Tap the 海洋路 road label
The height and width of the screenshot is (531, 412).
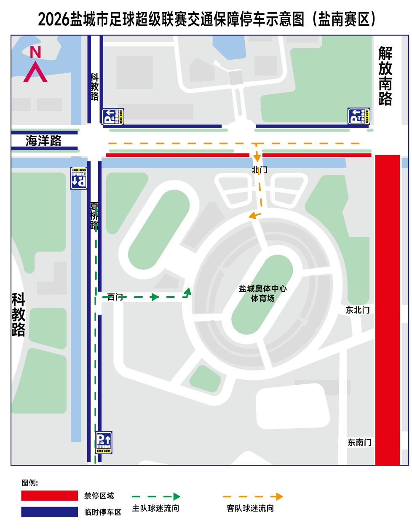click(x=43, y=141)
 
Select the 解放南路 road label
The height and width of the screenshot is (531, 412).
click(x=385, y=76)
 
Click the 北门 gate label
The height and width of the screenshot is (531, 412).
click(x=260, y=170)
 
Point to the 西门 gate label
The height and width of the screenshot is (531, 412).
click(x=115, y=297)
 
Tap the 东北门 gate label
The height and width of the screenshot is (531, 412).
click(x=358, y=310)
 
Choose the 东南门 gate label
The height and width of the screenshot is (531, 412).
click(x=359, y=442)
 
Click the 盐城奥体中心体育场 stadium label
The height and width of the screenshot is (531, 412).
click(x=262, y=293)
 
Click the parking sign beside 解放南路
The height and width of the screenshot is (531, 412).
click(x=359, y=116)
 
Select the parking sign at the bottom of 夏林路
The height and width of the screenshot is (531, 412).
click(x=104, y=442)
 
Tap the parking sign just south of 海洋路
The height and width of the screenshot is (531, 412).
click(x=79, y=178)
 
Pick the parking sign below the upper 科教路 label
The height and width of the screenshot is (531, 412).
click(x=112, y=117)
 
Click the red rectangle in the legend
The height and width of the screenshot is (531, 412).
click(x=50, y=496)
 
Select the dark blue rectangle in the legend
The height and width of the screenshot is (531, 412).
click(x=50, y=512)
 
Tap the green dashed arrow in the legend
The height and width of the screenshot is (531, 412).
click(x=156, y=497)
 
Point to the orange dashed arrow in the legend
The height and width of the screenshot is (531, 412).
click(x=253, y=497)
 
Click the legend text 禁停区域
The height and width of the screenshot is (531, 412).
click(x=99, y=496)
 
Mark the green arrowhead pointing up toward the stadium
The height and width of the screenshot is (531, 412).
click(x=188, y=291)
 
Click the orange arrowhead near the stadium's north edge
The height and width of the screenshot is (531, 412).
click(x=252, y=216)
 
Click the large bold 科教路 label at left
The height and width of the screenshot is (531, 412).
click(x=18, y=314)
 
